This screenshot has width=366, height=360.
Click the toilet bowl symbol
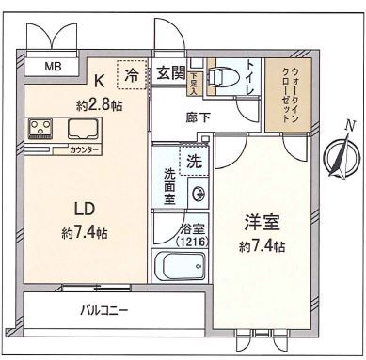(x=217, y=78)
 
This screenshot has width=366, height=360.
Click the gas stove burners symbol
(x=41, y=128)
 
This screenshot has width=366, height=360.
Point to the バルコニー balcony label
(x=103, y=308)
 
